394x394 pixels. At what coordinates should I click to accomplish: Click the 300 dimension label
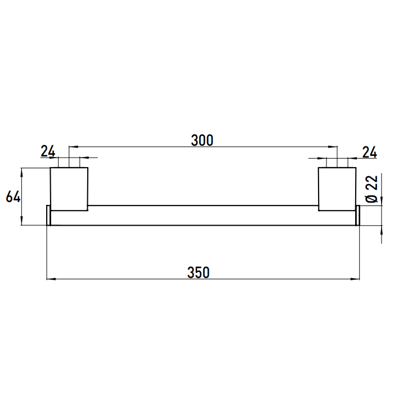click(202, 140)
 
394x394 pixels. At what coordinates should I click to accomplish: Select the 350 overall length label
click(198, 272)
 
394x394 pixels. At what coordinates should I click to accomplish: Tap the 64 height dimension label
click(13, 197)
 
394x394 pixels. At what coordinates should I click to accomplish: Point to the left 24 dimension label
click(48, 151)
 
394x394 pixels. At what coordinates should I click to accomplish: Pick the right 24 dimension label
click(369, 151)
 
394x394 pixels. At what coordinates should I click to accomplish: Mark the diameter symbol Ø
click(371, 198)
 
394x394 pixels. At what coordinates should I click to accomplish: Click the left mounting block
click(69, 189)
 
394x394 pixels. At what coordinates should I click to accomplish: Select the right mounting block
click(337, 189)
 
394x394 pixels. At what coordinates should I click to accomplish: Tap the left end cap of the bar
click(48, 216)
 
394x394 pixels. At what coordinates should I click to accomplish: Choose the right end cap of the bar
click(357, 216)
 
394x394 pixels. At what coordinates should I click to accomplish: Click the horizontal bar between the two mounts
click(203, 216)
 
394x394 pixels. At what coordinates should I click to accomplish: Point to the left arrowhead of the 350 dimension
click(50, 279)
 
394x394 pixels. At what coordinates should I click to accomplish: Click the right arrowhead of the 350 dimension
click(356, 279)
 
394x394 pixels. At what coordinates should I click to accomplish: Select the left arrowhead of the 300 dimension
click(73, 147)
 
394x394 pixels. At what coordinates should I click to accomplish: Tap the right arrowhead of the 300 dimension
click(334, 147)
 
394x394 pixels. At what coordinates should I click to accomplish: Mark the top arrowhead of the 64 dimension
click(21, 171)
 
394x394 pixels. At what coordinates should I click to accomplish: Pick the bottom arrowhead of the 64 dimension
click(21, 223)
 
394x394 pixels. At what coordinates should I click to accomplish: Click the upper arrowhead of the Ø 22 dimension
click(382, 203)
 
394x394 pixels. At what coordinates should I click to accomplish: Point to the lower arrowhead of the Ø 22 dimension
click(382, 229)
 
